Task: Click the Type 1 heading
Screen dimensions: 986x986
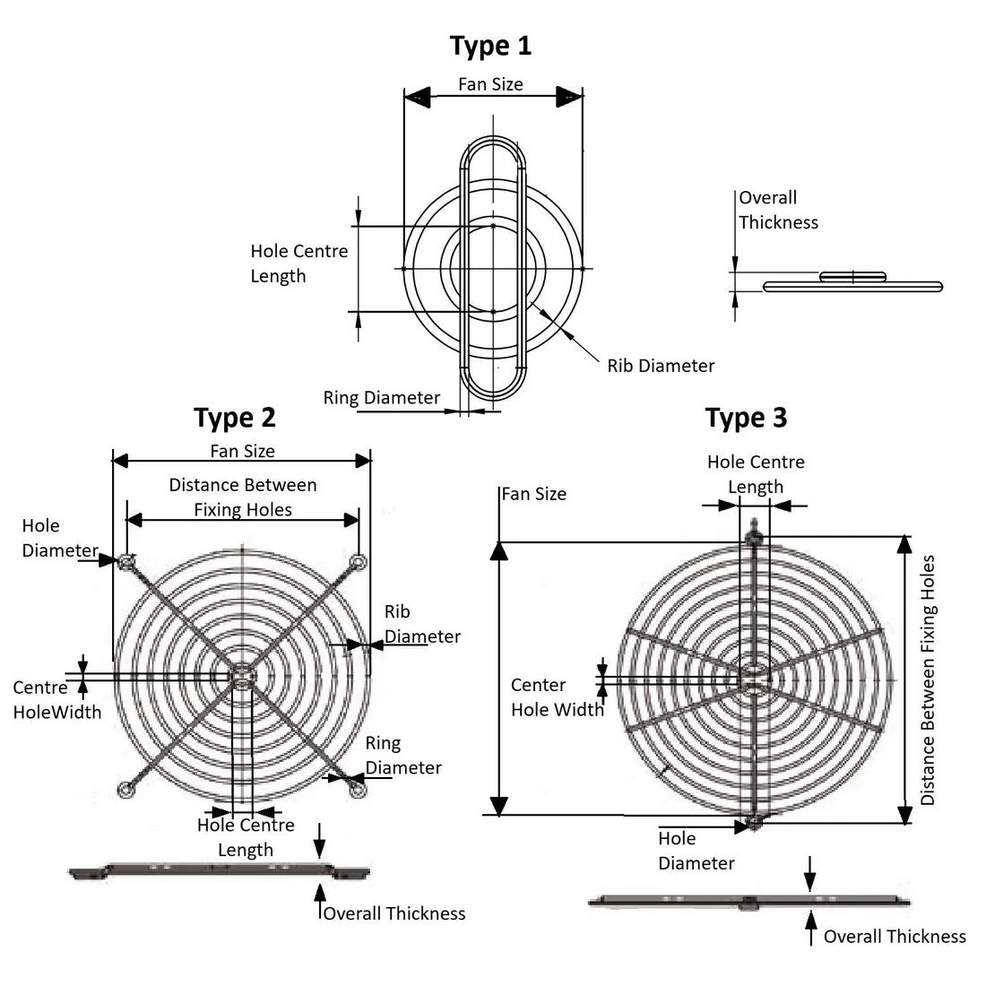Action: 490,45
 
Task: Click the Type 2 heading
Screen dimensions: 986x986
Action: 235,417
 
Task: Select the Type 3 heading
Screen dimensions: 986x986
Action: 747,417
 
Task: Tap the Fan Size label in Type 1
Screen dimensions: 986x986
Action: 490,84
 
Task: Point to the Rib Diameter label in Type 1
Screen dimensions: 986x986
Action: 661,366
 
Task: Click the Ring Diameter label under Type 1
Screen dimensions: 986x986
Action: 382,397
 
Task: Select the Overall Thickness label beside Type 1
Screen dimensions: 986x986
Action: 778,210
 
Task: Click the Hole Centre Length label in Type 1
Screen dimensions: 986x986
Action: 298,264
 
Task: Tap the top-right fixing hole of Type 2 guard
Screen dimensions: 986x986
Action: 359,562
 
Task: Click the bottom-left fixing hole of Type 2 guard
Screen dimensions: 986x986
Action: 126,788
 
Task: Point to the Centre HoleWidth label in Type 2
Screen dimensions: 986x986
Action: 56,700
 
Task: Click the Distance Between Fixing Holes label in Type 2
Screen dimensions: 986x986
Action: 243,497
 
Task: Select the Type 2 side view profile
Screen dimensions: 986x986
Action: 220,870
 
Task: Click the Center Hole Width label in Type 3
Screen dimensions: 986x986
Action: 557,696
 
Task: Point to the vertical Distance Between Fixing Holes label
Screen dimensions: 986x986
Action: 928,679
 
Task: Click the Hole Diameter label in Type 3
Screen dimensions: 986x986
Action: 696,851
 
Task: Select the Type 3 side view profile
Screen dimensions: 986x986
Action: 748,902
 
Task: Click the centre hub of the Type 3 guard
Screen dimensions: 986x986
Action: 753,677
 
